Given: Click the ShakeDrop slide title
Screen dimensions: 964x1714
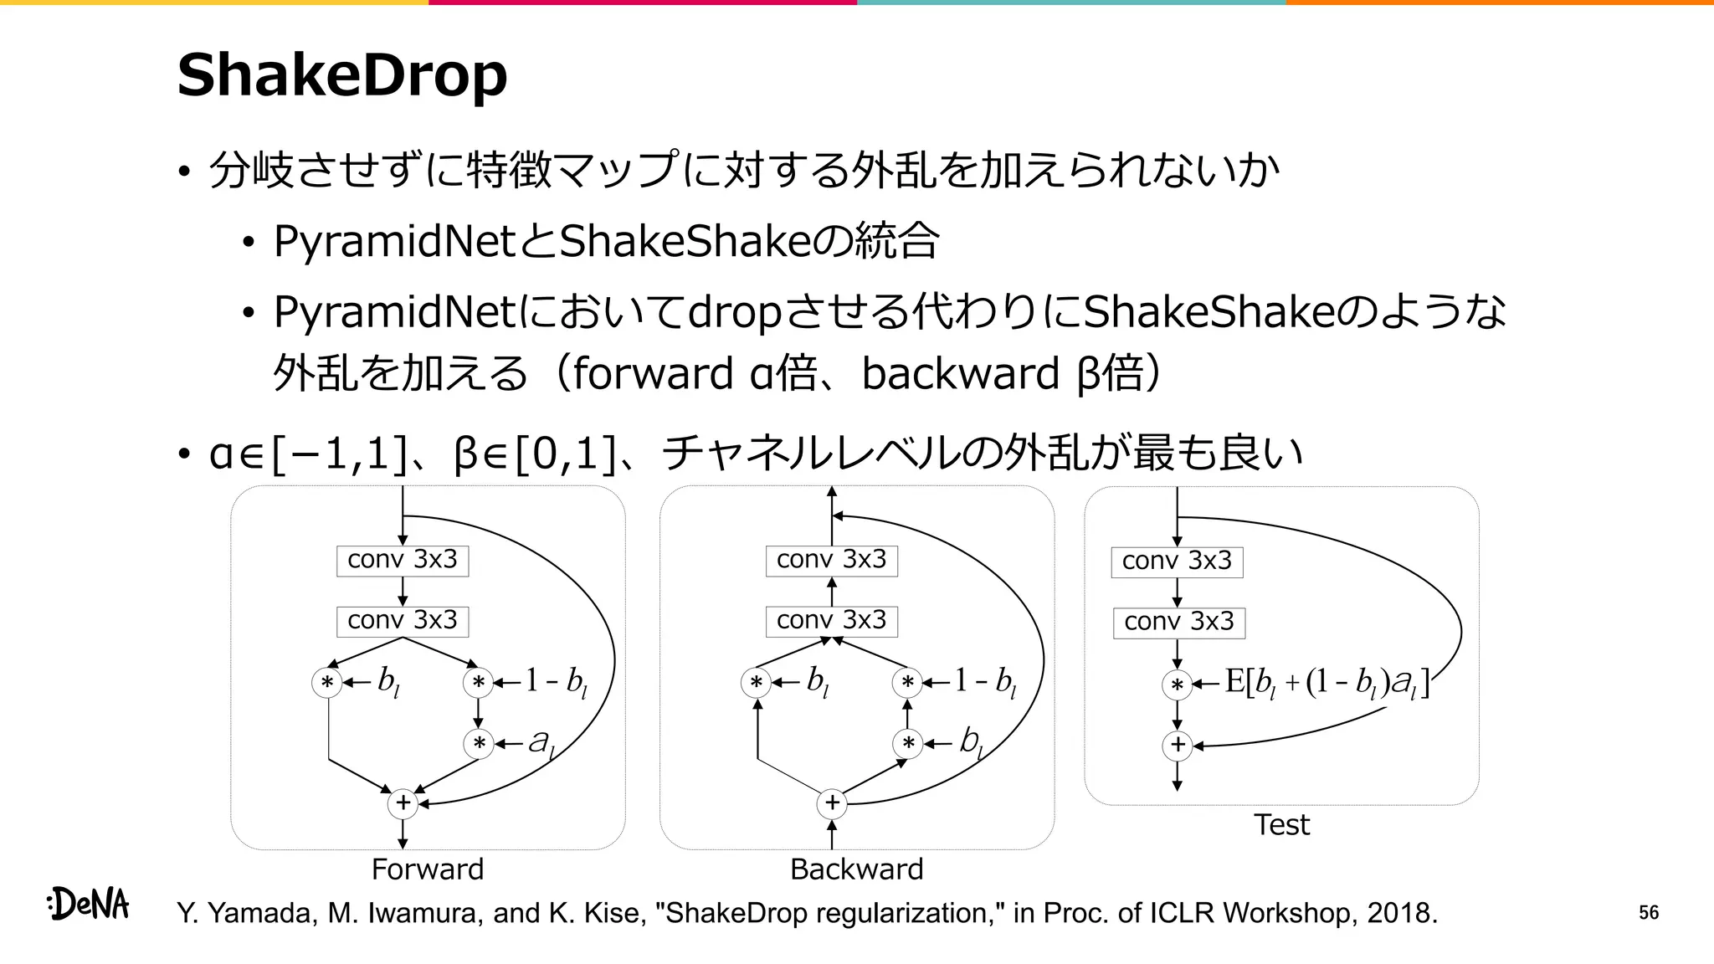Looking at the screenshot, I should click(341, 75).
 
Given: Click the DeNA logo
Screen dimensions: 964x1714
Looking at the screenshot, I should click(89, 904).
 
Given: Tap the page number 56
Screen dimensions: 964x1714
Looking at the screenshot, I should click(1648, 913).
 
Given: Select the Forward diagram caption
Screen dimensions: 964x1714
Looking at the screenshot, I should click(427, 869).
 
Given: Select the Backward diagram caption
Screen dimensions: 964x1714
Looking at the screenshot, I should click(856, 869).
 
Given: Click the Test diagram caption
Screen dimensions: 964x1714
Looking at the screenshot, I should click(1281, 825).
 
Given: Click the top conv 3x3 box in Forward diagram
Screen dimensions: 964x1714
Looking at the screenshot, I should click(403, 560).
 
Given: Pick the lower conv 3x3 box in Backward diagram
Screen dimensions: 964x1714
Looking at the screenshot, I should click(831, 621).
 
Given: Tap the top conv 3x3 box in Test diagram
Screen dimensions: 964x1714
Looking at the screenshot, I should click(1177, 561).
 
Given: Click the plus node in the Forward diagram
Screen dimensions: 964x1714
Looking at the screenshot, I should click(403, 803).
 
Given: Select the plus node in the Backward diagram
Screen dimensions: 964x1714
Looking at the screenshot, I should click(832, 803).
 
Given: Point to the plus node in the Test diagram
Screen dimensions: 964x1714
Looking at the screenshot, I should click(1178, 745).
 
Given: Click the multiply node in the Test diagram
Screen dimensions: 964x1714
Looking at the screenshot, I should click(1177, 685).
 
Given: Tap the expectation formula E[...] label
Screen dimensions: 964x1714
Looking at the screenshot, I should click(1327, 683).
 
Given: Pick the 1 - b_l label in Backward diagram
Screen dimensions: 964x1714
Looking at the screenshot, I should click(985, 681).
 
